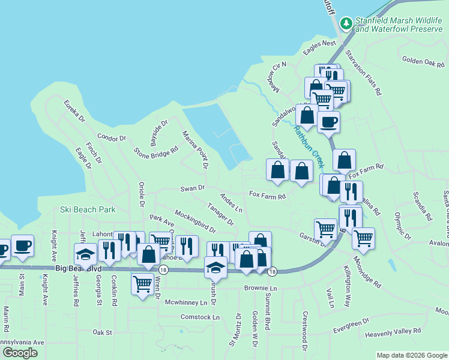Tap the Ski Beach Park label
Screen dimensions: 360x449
tap(88, 210)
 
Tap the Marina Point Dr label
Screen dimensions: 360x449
tap(196, 149)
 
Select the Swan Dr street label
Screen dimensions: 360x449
tap(193, 188)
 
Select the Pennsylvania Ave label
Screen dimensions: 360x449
tap(22, 342)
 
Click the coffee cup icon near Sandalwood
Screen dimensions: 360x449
tap(328, 123)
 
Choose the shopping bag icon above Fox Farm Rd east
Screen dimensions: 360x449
tap(344, 161)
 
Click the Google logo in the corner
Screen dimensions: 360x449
tap(20, 353)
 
